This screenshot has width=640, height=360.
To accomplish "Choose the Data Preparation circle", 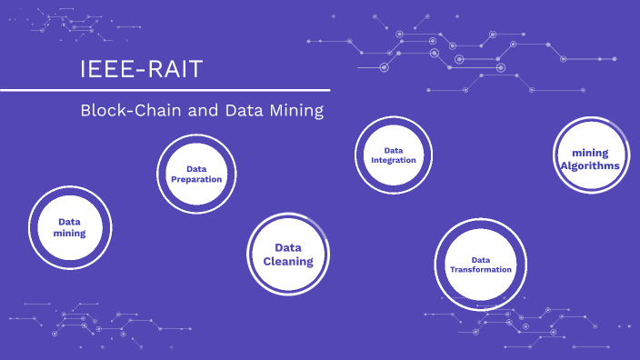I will click(x=196, y=173).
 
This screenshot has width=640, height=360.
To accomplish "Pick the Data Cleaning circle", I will click(x=288, y=255).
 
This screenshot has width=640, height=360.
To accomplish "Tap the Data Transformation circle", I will click(x=480, y=264).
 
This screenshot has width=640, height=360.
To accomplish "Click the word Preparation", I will click(x=196, y=179).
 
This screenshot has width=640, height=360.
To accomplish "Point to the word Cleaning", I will click(x=288, y=262).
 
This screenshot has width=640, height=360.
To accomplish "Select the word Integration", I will click(x=394, y=161).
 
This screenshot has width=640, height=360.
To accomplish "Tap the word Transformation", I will click(x=481, y=270).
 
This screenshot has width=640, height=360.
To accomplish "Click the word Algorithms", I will click(x=591, y=166).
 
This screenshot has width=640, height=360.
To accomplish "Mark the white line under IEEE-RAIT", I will click(x=165, y=90).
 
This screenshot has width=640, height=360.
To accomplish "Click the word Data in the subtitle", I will click(x=247, y=111).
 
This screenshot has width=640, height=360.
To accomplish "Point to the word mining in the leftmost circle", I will click(x=70, y=234).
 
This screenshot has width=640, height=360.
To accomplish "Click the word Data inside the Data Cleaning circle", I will click(x=288, y=247).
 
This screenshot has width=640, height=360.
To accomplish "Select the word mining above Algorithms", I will click(x=591, y=153).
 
